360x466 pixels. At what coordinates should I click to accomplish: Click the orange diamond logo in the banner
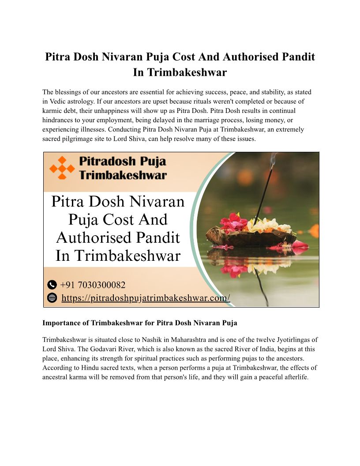click(62, 168)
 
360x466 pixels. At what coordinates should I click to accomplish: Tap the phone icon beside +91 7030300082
click(52, 285)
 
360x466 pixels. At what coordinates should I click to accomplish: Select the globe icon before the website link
click(52, 298)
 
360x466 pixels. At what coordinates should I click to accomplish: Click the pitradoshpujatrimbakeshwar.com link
click(146, 298)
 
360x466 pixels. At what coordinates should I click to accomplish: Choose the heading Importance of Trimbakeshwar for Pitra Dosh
click(139, 323)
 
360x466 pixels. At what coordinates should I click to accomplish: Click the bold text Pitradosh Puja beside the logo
click(122, 162)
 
